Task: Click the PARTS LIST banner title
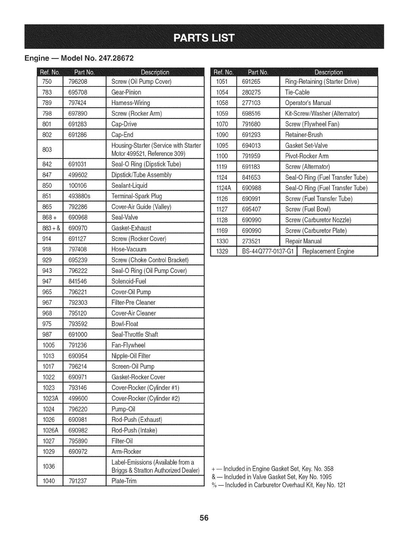coord(204,37)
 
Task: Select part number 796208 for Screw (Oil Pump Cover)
coord(78,81)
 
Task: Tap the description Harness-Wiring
coord(131,103)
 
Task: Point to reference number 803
coord(47,149)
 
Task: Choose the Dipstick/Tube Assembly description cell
coord(141,175)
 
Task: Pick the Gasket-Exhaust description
coord(131,228)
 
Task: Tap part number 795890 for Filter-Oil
coord(78,441)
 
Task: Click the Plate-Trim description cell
coord(124,481)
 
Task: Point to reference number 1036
coord(49,466)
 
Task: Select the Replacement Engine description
coord(328,252)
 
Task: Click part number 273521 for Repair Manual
coord(251,241)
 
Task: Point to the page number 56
coord(204,518)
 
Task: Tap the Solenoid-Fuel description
coord(129,281)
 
